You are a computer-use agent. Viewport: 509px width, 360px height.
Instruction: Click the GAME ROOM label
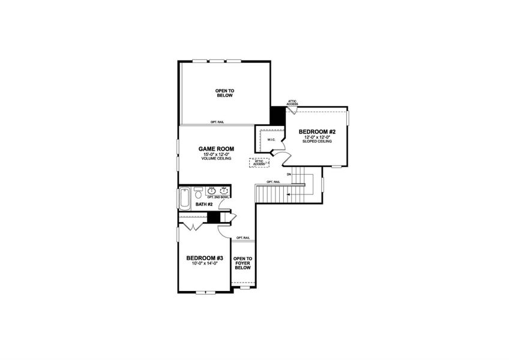pos(216,149)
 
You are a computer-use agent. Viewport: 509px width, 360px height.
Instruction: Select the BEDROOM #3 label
pos(201,257)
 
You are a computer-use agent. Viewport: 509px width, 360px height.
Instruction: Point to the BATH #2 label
pos(205,205)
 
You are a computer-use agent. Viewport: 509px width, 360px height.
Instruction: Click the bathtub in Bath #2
pos(184,197)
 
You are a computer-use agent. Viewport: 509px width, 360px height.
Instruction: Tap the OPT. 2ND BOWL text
pos(217,197)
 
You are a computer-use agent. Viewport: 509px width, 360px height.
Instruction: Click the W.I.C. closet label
pos(270,140)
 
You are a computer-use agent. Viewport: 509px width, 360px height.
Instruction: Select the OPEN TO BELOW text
pos(224,93)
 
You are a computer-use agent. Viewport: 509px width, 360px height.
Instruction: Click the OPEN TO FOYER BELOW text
pos(242,263)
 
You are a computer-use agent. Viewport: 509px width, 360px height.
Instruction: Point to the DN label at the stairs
pos(289,175)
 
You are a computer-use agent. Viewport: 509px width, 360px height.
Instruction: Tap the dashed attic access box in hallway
pos(259,162)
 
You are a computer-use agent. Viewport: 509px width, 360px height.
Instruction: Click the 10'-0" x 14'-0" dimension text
pos(201,263)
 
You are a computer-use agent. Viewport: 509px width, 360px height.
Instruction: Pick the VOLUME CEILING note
pos(216,159)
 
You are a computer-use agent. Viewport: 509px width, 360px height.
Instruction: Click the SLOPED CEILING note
pos(317,142)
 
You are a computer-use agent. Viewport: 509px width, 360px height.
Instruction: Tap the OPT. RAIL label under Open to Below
pos(217,122)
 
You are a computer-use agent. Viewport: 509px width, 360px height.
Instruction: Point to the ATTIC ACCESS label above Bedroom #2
pos(292,103)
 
